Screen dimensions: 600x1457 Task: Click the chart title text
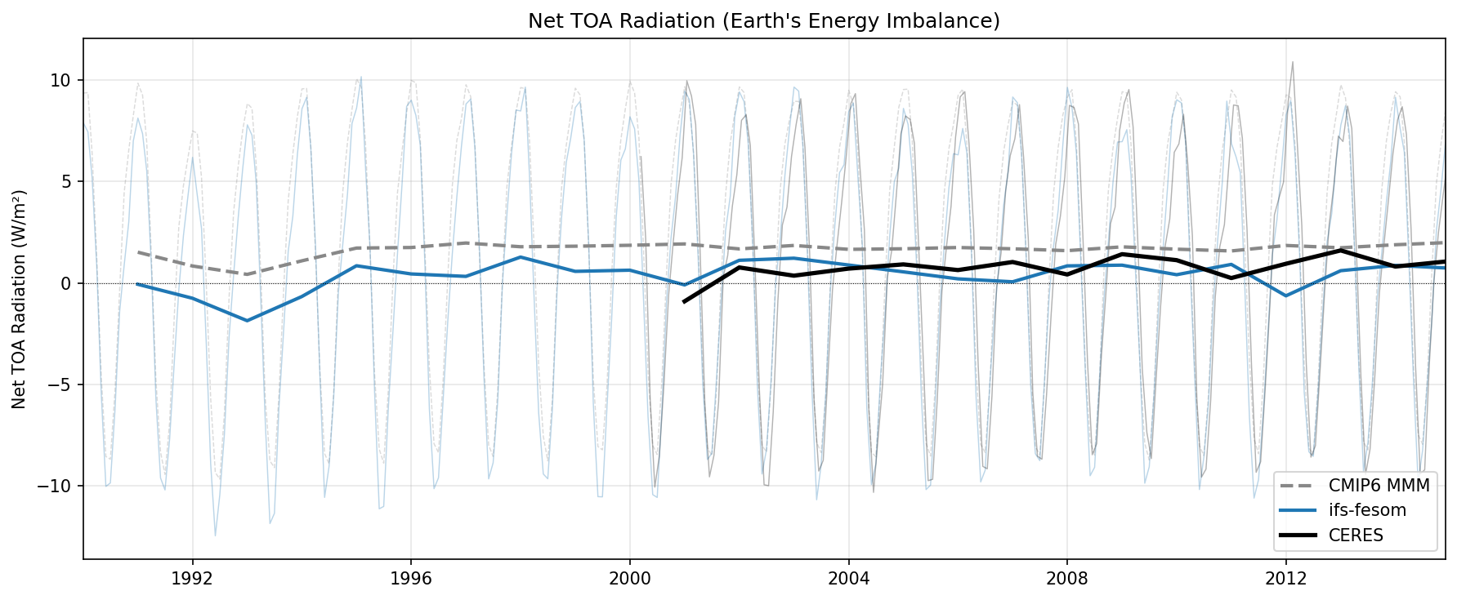click(763, 21)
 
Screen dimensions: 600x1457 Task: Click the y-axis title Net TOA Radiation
click(20, 299)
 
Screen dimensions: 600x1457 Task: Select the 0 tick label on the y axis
click(66, 283)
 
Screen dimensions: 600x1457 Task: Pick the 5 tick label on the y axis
click(66, 181)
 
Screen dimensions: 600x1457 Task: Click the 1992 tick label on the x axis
click(192, 579)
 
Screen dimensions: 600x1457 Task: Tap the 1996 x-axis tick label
click(410, 579)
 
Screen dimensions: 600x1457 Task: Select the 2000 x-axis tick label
click(629, 579)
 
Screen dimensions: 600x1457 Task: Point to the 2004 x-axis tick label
click(848, 579)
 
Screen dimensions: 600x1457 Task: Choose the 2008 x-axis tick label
click(1066, 579)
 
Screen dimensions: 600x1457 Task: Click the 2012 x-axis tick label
click(1285, 579)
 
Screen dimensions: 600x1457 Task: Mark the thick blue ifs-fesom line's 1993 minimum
click(247, 321)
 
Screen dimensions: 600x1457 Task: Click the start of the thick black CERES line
click(684, 302)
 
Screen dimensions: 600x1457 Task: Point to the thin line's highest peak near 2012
click(1292, 62)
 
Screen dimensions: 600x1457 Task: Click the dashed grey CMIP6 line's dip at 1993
click(247, 274)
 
